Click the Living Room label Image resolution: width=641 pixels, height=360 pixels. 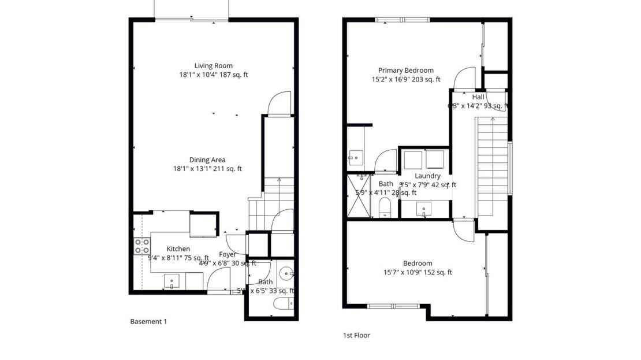(213, 65)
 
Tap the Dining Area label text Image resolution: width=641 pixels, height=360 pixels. (207, 159)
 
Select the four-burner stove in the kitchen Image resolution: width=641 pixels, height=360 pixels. (142, 246)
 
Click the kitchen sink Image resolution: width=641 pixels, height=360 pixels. (172, 283)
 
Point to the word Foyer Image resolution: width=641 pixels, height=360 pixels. (228, 254)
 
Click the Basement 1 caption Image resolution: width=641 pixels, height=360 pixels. (148, 321)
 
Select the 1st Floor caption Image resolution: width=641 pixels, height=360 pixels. (356, 335)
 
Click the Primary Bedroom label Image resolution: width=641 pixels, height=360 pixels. (405, 70)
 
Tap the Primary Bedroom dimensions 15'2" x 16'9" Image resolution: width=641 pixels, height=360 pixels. (406, 80)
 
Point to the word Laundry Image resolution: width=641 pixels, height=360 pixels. (427, 176)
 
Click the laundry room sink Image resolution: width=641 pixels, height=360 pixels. (426, 209)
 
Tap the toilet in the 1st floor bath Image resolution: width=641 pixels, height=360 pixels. (385, 207)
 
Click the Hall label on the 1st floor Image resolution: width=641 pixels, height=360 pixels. (478, 97)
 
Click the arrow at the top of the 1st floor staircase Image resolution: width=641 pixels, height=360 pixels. (493, 120)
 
